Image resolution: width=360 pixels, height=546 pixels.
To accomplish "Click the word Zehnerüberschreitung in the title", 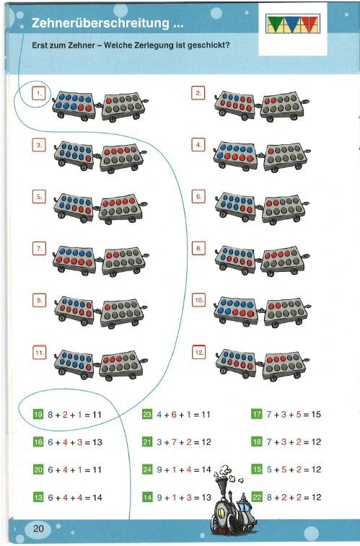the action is (x=100, y=23).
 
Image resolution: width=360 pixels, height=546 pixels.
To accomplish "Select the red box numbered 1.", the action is (x=39, y=93).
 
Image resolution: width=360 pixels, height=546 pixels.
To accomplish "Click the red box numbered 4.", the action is (x=198, y=145).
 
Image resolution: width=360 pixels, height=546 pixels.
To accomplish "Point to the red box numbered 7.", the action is (x=39, y=249).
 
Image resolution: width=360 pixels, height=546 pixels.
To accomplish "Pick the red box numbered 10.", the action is (x=198, y=300).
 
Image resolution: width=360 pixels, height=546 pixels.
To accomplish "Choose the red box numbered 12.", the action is (x=199, y=352).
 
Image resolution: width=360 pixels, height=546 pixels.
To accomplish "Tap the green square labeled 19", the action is (x=38, y=415).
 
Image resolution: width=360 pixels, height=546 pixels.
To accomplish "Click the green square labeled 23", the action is (x=147, y=415).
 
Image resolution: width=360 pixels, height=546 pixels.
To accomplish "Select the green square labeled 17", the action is (x=257, y=414).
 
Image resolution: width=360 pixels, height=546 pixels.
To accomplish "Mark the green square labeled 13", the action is (x=38, y=497).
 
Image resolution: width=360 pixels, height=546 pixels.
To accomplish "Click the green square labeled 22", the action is (x=257, y=497).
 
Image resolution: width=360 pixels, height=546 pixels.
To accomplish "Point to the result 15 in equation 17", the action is (x=316, y=415).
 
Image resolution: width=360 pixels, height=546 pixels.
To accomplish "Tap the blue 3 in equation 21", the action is (x=159, y=442).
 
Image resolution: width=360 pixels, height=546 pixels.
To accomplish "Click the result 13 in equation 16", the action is (x=97, y=442).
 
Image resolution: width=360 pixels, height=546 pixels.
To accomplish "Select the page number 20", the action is (x=38, y=529).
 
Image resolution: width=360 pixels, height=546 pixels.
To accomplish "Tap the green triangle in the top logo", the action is (x=274, y=23).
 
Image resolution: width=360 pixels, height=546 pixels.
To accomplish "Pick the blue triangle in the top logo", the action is (x=291, y=23).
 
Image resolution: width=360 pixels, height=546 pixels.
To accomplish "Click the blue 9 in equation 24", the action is (x=159, y=470).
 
